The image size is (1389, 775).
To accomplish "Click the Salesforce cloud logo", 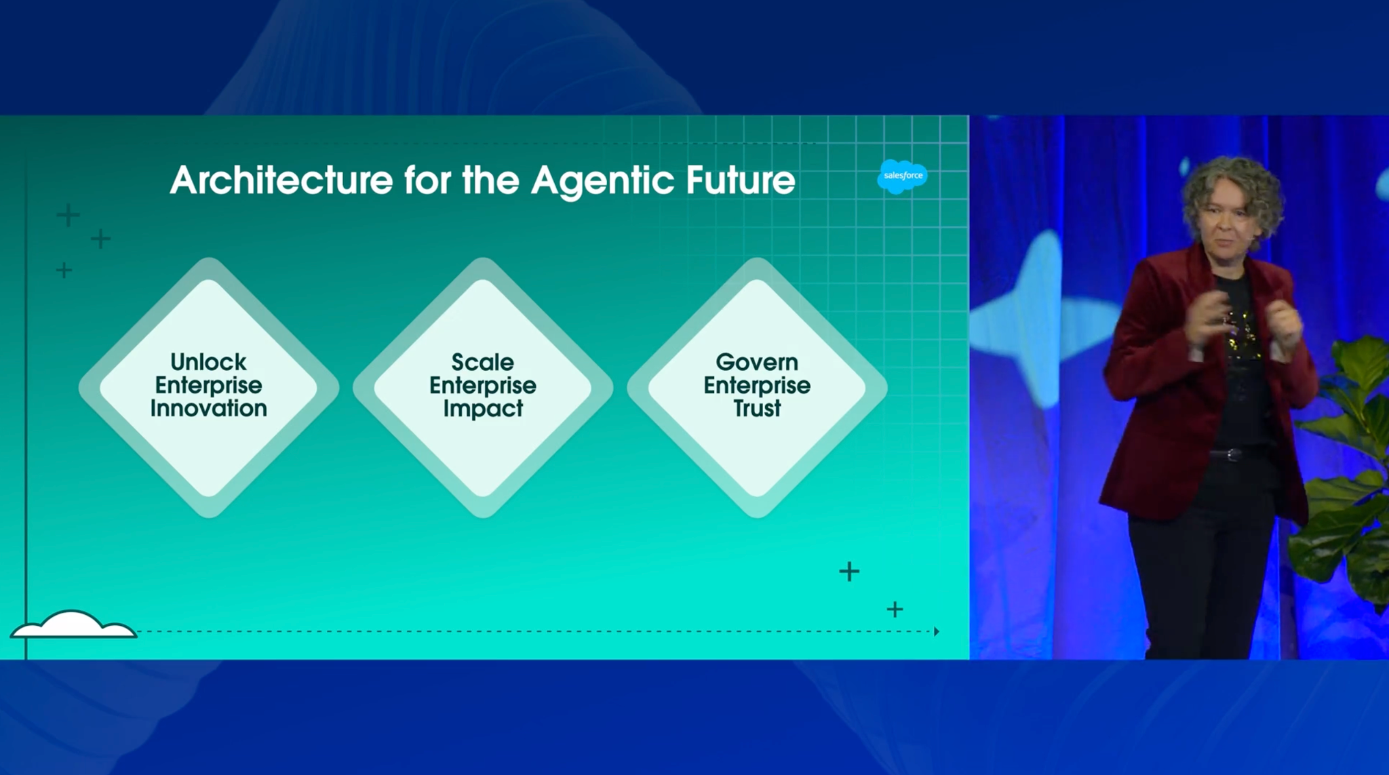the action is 903,176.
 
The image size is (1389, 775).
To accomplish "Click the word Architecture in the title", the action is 281,180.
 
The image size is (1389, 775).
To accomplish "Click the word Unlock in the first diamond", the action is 208,362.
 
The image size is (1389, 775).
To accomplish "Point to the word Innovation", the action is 209,408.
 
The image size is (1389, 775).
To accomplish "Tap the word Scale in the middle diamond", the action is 483,362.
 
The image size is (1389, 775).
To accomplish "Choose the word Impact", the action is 483,409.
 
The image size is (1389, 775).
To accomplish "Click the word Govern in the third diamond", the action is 757,362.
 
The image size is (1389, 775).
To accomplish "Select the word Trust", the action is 757,408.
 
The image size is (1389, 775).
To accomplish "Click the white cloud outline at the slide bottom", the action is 73,624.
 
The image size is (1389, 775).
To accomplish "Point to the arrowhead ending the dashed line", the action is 937,631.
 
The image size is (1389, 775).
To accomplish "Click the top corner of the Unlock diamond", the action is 209,258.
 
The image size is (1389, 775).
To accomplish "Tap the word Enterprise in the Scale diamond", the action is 483,386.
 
